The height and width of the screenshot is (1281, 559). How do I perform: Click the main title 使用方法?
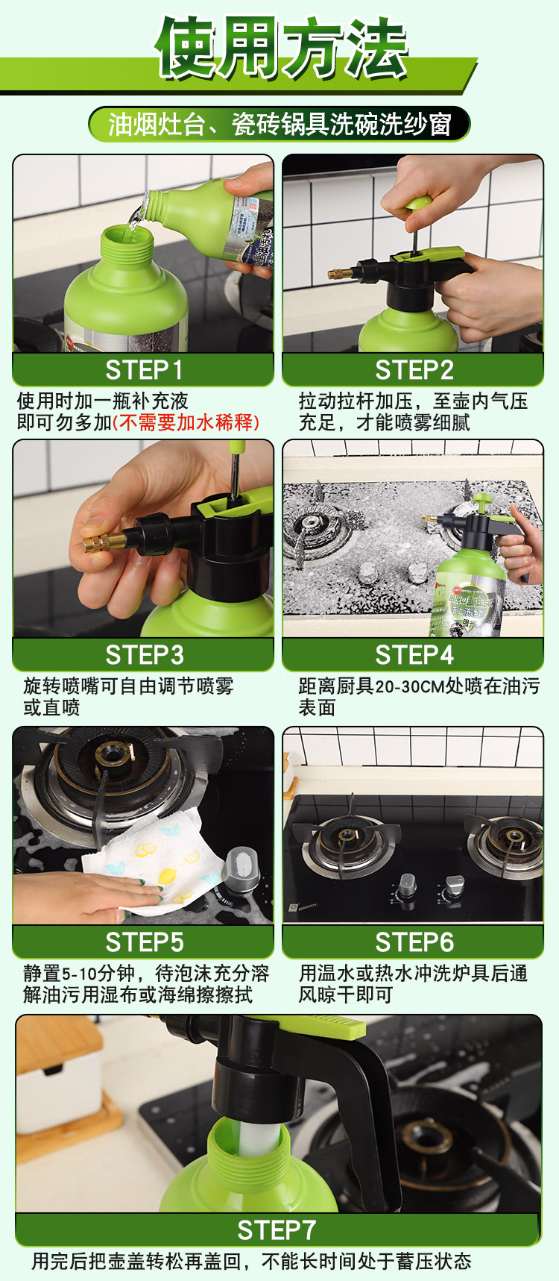coord(282,48)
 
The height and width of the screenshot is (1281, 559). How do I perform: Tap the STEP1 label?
coord(144,369)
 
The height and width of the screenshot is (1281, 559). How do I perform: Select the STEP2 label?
coord(414,369)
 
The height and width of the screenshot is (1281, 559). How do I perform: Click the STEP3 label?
coord(144,654)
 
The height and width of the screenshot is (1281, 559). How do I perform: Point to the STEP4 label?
coord(414,654)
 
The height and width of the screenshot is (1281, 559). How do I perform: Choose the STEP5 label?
coord(144,942)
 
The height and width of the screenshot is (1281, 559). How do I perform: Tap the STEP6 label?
coord(414,942)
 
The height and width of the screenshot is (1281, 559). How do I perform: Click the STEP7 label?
coord(277,1229)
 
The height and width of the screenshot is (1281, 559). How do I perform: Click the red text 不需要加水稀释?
coord(186,422)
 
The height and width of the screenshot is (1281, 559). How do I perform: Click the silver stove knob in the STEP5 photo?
coord(240,869)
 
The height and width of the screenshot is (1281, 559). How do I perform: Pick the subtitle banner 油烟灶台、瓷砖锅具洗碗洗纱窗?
coord(279,124)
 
